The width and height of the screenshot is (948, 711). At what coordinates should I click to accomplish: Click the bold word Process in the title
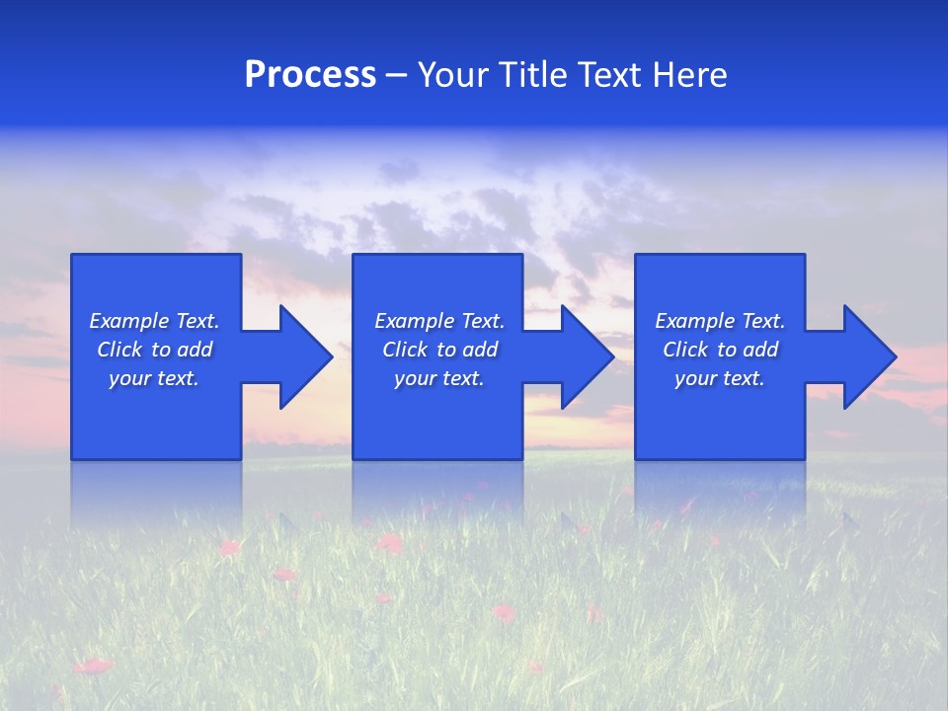(310, 75)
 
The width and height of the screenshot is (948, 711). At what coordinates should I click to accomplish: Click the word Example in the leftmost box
(127, 321)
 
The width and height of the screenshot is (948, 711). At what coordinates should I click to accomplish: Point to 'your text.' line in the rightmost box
(719, 378)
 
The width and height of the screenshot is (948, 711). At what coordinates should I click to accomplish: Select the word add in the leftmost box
(196, 350)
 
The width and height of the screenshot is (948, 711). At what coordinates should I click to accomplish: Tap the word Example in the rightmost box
(693, 321)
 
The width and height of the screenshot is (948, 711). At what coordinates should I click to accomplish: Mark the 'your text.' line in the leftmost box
(153, 378)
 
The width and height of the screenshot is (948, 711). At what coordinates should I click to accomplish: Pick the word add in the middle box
(481, 350)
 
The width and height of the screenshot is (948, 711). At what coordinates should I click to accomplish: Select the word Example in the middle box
(413, 321)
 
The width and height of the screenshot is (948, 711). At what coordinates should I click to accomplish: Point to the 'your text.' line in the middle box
(438, 378)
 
